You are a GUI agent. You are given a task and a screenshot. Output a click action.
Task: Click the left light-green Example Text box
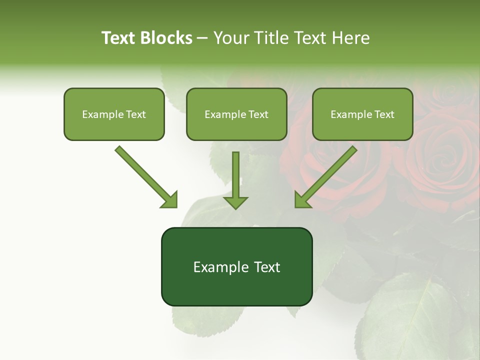114,114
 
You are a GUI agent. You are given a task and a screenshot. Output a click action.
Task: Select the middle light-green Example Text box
236,114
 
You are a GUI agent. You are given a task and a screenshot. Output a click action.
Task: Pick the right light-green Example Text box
362,114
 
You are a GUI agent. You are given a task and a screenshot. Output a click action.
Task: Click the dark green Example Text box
236,267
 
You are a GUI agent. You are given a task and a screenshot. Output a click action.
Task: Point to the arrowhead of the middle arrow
235,202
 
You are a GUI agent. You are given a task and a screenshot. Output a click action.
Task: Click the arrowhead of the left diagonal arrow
170,200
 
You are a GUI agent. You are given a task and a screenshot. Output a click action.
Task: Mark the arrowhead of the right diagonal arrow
302,200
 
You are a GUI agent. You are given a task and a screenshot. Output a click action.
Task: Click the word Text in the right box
384,114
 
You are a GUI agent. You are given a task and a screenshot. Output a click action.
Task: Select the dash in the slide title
202,38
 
